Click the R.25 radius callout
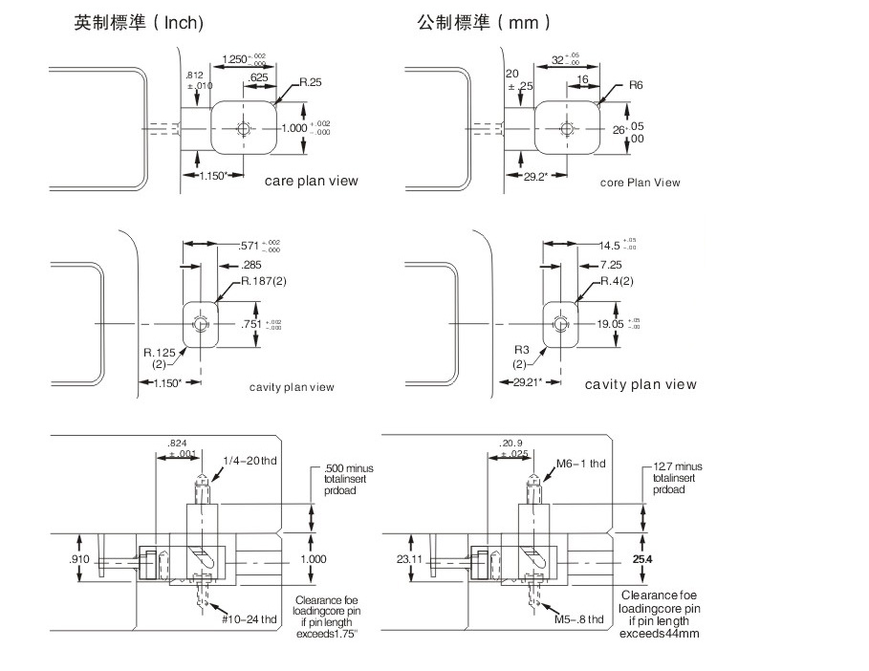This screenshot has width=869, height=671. (x=310, y=83)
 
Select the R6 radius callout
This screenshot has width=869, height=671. (x=636, y=86)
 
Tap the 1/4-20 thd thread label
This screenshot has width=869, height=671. (x=250, y=463)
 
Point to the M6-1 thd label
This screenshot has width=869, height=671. (x=581, y=464)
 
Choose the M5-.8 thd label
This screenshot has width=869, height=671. (x=579, y=619)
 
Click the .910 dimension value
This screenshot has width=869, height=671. (x=81, y=557)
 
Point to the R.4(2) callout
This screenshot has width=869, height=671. (x=617, y=281)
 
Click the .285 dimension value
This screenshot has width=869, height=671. (x=253, y=264)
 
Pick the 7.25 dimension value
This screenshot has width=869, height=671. (x=612, y=264)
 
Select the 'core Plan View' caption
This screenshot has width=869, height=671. (x=641, y=182)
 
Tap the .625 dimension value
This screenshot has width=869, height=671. (x=258, y=77)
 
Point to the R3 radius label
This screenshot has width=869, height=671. (x=521, y=350)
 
